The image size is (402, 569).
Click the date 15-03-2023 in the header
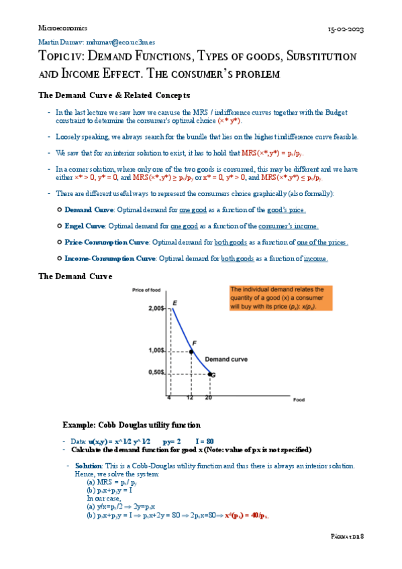tap(345, 30)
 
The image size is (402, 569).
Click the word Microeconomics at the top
tap(62, 28)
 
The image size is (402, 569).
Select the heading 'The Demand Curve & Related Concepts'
tap(114, 95)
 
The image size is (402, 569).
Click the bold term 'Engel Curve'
tap(83, 225)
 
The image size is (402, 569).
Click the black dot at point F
tap(191, 350)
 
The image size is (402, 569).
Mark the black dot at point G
tap(209, 373)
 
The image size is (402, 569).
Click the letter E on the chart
tap(175, 303)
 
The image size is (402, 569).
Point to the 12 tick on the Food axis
tap(191, 398)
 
